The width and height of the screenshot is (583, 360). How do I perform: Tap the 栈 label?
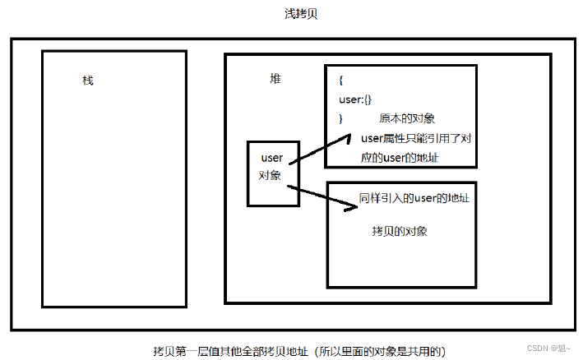pos(88,81)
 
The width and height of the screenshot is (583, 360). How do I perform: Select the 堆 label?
pos(275,78)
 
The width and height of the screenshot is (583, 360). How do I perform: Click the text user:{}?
pos(355,99)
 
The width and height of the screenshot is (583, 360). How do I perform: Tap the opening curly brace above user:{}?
pos(341,81)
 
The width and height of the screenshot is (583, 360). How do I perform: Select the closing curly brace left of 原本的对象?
pos(340,119)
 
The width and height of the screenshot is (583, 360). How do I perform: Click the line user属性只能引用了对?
pos(415,138)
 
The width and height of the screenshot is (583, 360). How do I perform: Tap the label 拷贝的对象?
pos(400,231)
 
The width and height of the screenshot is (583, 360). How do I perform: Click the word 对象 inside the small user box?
pos(271,175)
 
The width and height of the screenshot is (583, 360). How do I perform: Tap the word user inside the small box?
pos(271,157)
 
